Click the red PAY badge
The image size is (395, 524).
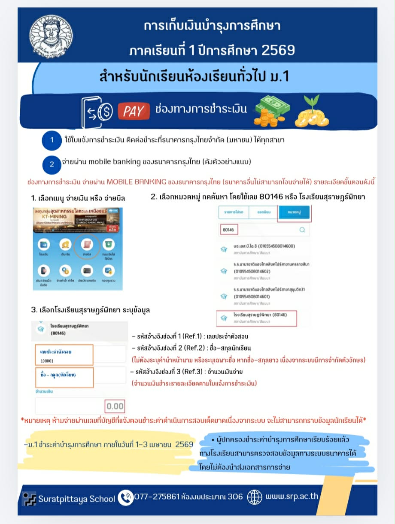pyautogui.click(x=133, y=111)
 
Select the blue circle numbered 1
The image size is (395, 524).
pyautogui.click(x=52, y=140)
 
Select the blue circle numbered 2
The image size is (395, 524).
pyautogui.click(x=52, y=164)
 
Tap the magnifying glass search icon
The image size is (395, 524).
pyautogui.click(x=302, y=230)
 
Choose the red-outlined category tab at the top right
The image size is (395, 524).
pyautogui.click(x=294, y=213)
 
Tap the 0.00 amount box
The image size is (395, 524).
pyautogui.click(x=115, y=406)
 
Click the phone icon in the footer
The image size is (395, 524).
pyautogui.click(x=125, y=497)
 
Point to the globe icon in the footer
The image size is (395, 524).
pyautogui.click(x=255, y=497)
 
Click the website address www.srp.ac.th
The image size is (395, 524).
pyautogui.click(x=292, y=497)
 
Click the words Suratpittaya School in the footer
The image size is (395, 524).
pyautogui.click(x=76, y=498)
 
